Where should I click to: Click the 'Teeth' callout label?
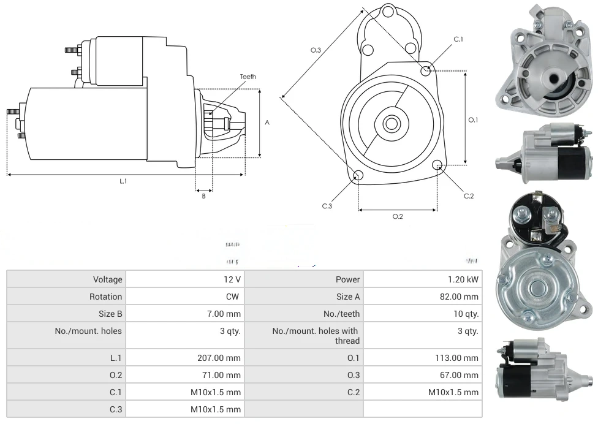pos(248,77)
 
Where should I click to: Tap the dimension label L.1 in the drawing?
pos(123,181)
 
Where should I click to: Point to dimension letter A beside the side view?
pos(267,123)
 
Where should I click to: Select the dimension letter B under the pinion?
pos(203,196)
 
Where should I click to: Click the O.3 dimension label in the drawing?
pos(316,50)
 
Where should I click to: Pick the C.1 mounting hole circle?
pos(426,70)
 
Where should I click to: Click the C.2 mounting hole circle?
pos(437,165)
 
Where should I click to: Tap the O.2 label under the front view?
pos(398,216)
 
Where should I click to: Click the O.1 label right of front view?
pos(473,119)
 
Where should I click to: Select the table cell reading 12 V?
pos(232,279)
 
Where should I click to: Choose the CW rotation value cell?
pos(234,297)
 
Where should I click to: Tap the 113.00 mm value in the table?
pos(456,358)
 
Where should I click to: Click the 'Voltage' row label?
pos(107,279)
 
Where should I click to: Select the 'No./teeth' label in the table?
pos(341,314)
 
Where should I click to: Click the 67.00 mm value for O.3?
pos(458,375)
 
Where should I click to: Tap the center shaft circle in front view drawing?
pos(391,124)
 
